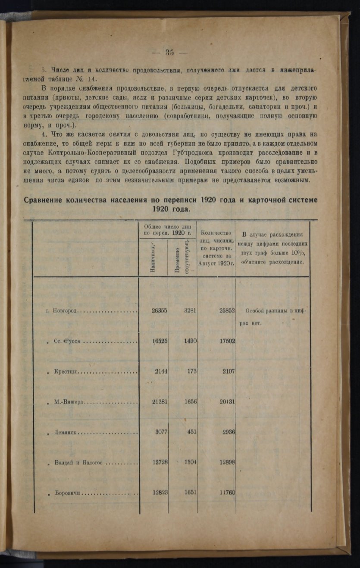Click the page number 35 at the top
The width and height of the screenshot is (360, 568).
click(169, 53)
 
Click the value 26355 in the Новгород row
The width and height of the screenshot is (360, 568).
click(160, 310)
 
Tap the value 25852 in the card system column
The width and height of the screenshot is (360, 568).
click(226, 310)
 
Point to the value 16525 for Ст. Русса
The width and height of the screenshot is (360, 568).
click(160, 341)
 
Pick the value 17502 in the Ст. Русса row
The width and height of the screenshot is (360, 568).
click(226, 341)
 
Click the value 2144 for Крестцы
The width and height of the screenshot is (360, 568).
click(161, 372)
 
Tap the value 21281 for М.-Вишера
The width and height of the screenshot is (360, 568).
click(160, 403)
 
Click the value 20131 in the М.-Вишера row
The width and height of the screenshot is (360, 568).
click(226, 403)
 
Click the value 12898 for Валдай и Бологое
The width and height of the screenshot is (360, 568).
click(226, 462)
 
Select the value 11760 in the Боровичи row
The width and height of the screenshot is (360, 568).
click(226, 493)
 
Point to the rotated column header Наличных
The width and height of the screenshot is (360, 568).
click(153, 257)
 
